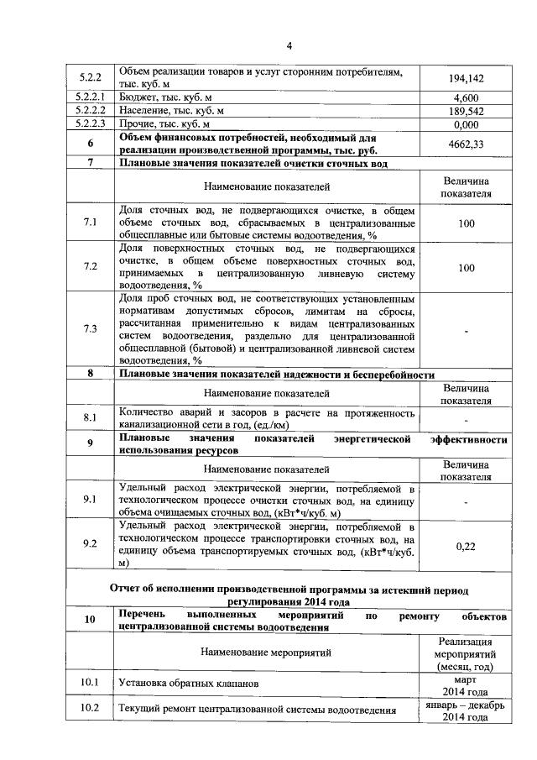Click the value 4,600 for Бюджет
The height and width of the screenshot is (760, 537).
click(465, 98)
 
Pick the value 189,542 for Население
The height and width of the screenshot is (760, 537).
click(465, 111)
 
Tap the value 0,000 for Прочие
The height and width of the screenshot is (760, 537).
click(465, 124)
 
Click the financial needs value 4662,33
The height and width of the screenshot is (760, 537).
click(465, 144)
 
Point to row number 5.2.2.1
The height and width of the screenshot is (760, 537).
click(90, 98)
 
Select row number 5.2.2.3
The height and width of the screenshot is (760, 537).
click(90, 124)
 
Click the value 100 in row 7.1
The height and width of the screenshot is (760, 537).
click(467, 223)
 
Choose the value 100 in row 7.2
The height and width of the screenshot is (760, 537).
click(467, 267)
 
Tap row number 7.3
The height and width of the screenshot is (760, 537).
click(90, 328)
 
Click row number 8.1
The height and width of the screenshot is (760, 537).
click(90, 417)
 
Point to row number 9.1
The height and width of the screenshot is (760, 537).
click(90, 501)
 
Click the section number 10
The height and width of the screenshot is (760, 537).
click(90, 621)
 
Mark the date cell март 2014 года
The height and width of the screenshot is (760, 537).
click(465, 684)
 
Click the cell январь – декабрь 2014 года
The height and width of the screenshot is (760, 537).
click(465, 711)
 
